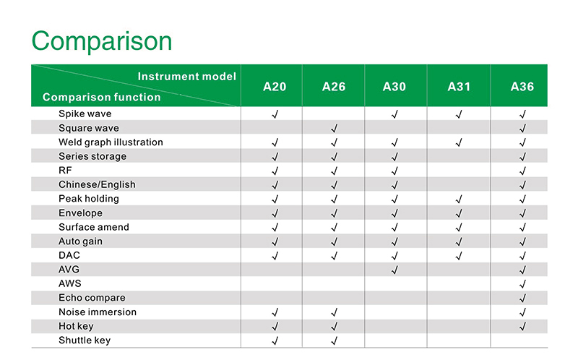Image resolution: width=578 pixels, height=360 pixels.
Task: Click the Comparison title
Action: click(102, 41)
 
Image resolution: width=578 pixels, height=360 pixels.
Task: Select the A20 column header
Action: click(275, 87)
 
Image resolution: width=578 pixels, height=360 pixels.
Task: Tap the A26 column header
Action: click(334, 87)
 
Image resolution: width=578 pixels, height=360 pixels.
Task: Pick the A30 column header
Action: click(394, 87)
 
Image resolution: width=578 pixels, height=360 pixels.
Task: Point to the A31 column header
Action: click(459, 87)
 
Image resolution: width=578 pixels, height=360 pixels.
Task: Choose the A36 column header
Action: click(522, 87)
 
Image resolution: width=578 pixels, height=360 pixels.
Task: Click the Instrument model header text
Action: click(187, 77)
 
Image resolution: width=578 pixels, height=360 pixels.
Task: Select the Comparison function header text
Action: click(102, 97)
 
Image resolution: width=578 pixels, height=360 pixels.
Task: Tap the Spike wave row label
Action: click(85, 113)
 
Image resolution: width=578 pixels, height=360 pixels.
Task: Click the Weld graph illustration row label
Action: click(111, 142)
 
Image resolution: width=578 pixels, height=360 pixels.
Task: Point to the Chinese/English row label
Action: click(97, 184)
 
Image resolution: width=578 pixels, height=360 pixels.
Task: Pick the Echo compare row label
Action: click(92, 298)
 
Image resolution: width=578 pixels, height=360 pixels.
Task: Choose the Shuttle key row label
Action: click(85, 340)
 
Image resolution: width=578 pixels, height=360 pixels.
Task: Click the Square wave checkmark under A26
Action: click(334, 129)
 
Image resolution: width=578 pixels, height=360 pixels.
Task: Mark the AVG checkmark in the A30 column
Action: click(394, 270)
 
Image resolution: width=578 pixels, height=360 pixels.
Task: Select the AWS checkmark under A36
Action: click(522, 284)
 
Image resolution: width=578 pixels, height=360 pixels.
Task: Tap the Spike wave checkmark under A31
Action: click(459, 114)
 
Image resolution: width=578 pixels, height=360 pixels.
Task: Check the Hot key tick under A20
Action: click(275, 327)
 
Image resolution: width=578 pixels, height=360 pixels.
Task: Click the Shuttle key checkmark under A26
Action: click(334, 341)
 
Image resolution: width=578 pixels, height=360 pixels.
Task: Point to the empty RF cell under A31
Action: click(459, 170)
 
